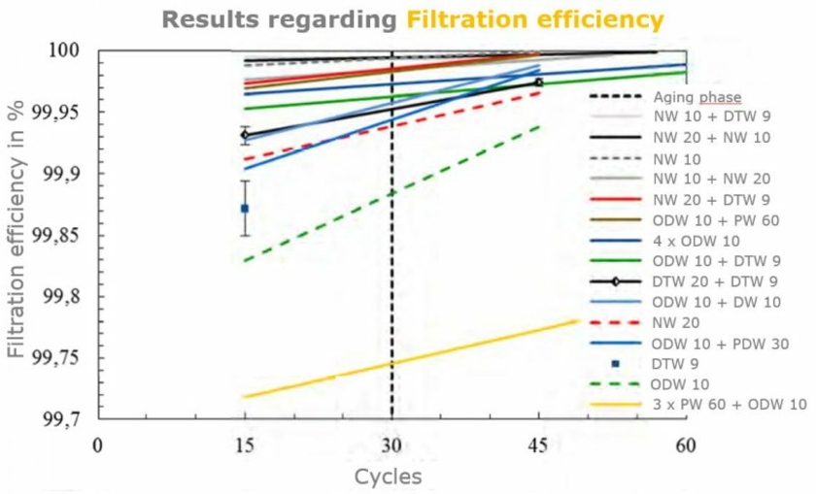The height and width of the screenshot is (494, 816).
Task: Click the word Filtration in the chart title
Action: click(x=460, y=19)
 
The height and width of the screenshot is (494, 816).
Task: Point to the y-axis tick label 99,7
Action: click(x=61, y=420)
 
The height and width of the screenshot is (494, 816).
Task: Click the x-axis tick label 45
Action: click(x=537, y=445)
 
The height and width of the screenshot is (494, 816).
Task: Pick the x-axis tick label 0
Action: click(x=97, y=445)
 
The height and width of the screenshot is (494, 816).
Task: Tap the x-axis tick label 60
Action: click(x=685, y=445)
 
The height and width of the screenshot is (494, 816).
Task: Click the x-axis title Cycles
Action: click(x=388, y=477)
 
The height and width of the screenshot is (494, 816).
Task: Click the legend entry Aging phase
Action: click(x=697, y=97)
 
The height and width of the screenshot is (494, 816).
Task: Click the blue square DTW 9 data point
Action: click(x=245, y=209)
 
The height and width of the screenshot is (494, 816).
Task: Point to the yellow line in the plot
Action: click(x=389, y=363)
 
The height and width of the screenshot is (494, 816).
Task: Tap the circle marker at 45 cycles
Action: click(x=538, y=82)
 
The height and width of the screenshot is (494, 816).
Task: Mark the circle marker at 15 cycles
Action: click(x=245, y=135)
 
